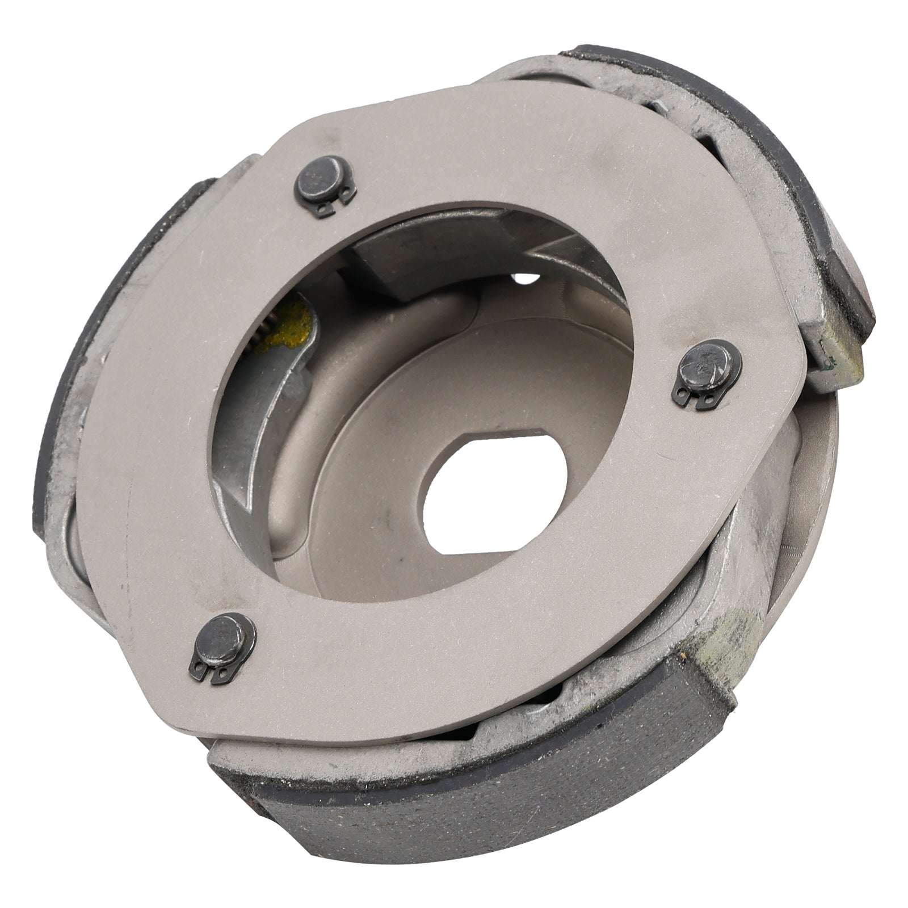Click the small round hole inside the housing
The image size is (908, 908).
point(522,278)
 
